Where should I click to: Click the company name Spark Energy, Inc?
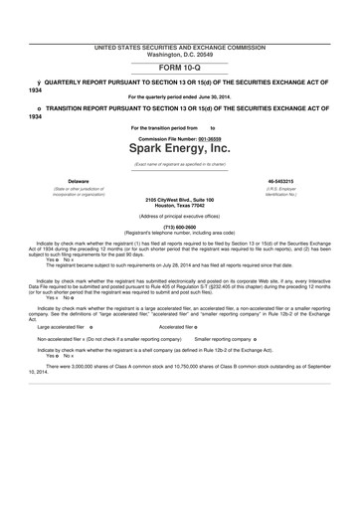coord(179,147)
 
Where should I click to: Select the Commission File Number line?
coord(179,136)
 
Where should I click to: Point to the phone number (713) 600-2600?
coord(179,225)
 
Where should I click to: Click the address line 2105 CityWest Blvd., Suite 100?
coord(179,199)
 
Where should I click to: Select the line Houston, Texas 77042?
coord(179,205)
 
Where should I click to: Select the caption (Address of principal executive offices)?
coord(179,215)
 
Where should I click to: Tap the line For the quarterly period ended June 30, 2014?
coord(179,96)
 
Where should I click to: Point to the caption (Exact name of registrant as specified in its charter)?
coord(179,163)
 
